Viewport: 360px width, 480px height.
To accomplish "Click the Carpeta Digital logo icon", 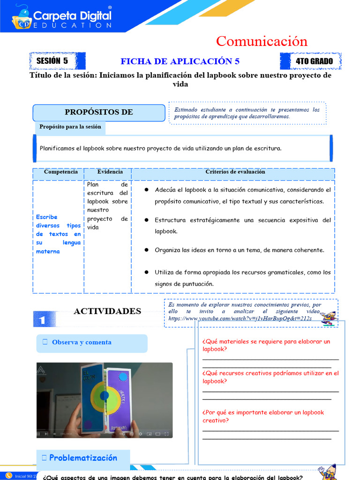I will (x=22, y=17).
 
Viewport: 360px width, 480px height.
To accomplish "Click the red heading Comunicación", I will (x=262, y=41).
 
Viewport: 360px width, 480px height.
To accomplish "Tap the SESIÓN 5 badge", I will (x=52, y=61).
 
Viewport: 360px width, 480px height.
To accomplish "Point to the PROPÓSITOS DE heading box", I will (x=98, y=112).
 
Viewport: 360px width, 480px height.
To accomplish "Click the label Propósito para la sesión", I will (x=70, y=127).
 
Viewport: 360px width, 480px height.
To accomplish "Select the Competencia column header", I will (x=60, y=172).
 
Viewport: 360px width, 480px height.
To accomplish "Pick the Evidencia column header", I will (x=110, y=172).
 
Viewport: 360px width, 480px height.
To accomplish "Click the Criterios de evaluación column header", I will (x=235, y=172).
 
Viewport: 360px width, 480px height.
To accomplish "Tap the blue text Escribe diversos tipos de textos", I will (x=58, y=234).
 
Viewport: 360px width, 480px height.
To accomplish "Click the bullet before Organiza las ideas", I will (x=146, y=250).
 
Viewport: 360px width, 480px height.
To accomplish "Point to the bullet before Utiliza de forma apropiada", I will (x=146, y=272).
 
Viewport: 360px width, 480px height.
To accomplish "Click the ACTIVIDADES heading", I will (x=107, y=311).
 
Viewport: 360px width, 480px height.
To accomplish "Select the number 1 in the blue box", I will (x=42, y=320).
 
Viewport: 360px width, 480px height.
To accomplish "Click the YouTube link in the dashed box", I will (x=240, y=318).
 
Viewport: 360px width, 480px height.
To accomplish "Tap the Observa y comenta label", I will (x=82, y=342).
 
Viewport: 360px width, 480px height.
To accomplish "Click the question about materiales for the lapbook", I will (x=266, y=345).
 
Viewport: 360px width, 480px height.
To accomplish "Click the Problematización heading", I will (x=83, y=458).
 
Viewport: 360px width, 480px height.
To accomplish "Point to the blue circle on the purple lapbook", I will (x=123, y=376).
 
